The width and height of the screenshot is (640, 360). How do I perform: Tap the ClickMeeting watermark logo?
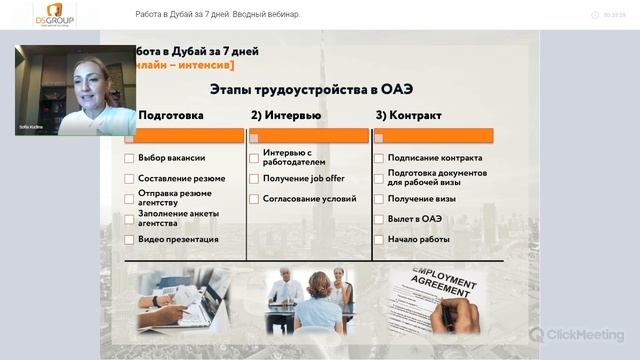(577, 334)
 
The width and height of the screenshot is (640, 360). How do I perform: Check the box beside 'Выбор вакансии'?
(129, 158)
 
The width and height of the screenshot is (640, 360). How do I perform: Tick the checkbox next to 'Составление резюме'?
(129, 179)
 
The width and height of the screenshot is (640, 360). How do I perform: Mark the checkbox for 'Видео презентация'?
(129, 240)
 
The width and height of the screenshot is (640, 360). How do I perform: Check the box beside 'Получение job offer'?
(254, 179)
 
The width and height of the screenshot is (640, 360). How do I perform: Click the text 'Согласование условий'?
(309, 199)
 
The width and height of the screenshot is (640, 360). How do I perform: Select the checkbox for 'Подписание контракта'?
(379, 158)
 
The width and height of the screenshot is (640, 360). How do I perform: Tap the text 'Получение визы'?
(421, 199)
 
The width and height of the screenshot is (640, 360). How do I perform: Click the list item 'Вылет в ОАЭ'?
(414, 219)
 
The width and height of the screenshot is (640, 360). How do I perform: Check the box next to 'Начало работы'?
(379, 240)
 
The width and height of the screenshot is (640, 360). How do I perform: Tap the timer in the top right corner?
(615, 15)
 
